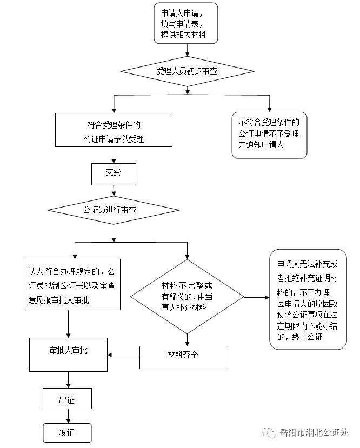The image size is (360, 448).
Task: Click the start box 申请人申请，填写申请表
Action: (x=186, y=23)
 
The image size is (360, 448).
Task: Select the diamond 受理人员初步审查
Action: (x=186, y=71)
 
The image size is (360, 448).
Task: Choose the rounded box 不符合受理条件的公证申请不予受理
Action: (x=269, y=135)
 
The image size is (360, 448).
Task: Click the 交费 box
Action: (x=113, y=173)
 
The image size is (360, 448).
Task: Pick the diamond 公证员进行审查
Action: (x=113, y=209)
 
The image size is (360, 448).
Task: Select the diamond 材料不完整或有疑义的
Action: (x=187, y=296)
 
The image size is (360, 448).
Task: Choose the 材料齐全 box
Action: (x=183, y=356)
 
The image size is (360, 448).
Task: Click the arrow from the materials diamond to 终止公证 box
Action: (x=257, y=297)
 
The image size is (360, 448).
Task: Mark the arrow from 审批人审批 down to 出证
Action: (x=68, y=379)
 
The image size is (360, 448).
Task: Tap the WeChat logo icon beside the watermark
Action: (x=269, y=432)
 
